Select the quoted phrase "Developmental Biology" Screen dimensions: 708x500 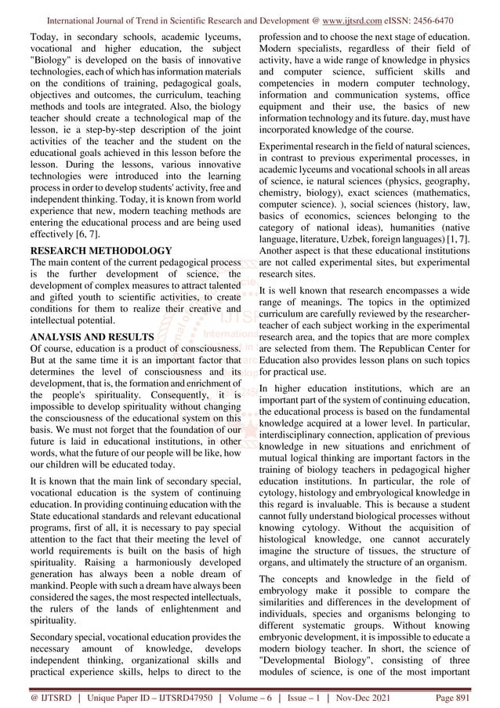[328, 662]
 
